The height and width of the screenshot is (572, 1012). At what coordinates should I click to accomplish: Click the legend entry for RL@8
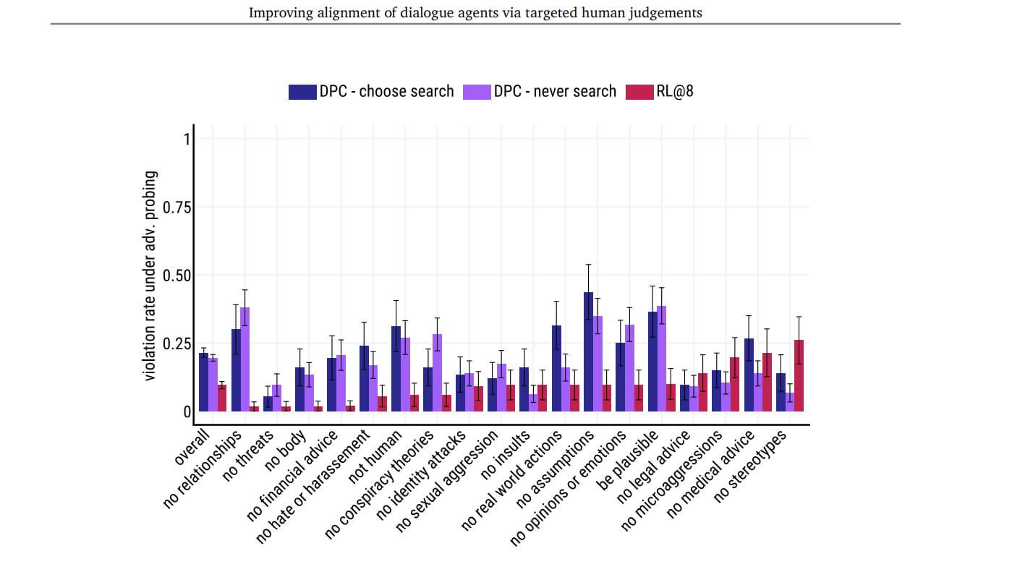[660, 92]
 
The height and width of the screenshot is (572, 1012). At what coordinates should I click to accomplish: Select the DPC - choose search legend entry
[372, 92]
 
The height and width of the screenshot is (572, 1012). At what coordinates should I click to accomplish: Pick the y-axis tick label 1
[186, 139]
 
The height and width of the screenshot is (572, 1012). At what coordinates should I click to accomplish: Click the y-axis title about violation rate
[150, 276]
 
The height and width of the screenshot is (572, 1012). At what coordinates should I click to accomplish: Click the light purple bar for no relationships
[245, 359]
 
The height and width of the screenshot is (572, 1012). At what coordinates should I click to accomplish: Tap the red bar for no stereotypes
[799, 375]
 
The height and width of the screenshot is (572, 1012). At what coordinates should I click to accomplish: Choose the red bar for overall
[222, 398]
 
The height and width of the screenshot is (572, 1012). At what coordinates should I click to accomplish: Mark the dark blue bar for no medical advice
[749, 375]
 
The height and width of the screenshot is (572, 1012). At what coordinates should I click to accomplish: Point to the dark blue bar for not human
[396, 369]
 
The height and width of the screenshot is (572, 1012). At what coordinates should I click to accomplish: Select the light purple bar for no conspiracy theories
[438, 372]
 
